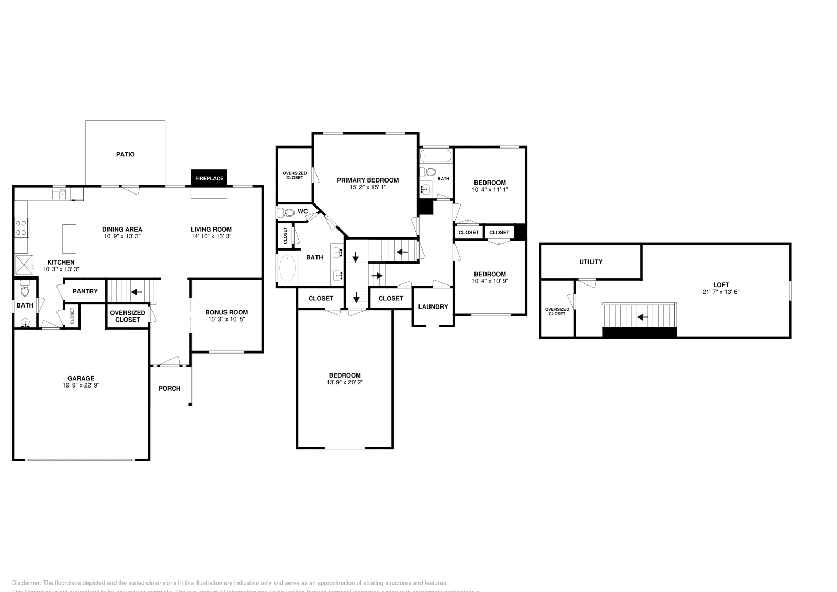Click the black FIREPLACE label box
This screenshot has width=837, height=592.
(209, 178)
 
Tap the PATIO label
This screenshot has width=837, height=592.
(125, 154)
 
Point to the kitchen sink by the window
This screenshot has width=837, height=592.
(59, 194)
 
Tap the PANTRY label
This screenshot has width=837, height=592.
(85, 291)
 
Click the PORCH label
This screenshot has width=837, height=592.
(169, 388)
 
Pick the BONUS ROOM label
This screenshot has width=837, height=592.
(227, 312)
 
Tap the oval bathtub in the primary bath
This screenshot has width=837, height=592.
(287, 268)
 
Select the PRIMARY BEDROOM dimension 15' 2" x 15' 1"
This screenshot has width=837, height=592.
(368, 187)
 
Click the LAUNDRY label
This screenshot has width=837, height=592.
(433, 306)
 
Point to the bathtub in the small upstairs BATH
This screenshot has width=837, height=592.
(435, 156)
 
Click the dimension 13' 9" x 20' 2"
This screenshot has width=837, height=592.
(345, 382)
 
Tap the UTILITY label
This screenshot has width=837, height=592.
(591, 262)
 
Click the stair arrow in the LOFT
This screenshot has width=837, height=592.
(642, 317)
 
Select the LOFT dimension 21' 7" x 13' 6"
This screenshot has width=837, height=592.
(720, 292)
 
